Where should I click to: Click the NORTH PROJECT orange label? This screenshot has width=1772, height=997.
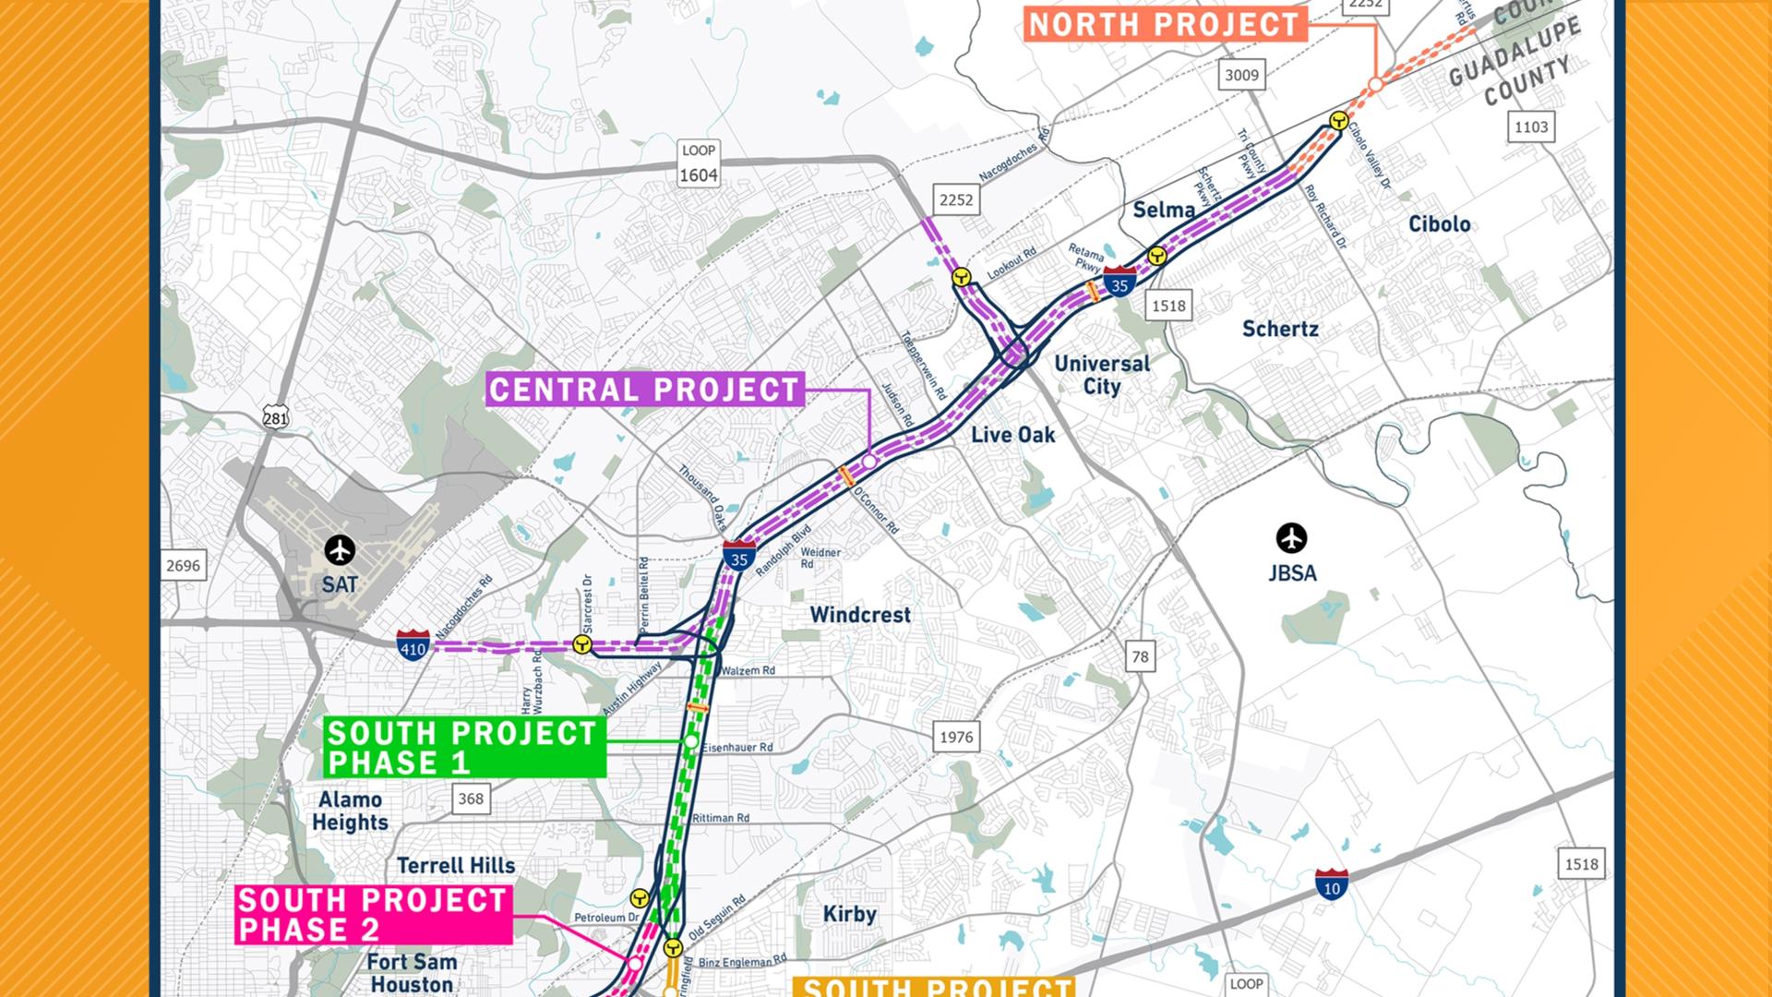[x=1164, y=24]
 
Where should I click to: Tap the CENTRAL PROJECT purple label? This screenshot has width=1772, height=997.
[x=644, y=390]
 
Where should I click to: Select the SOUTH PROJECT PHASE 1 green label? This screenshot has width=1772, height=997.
[x=463, y=748]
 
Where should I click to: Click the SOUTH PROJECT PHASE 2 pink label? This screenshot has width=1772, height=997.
[x=373, y=914]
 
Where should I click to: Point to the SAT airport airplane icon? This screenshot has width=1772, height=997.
[x=340, y=551]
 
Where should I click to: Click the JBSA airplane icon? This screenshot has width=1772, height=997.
[x=1291, y=537]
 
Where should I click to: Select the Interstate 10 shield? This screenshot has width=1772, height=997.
[x=1331, y=884]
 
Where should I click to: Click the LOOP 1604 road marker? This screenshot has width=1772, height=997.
[x=698, y=164]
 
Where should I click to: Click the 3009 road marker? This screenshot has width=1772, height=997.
[x=1241, y=75]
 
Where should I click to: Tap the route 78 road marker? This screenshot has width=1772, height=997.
[x=1141, y=656]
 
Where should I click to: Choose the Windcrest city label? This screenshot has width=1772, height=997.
[x=860, y=615]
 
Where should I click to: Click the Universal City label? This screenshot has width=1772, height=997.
[x=1102, y=375]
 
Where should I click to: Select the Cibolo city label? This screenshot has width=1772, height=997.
[x=1439, y=224]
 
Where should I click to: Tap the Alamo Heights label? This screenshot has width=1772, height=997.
[x=350, y=811]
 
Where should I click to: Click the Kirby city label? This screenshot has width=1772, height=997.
[x=849, y=914]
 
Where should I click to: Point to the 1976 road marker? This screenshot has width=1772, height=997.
[x=956, y=737]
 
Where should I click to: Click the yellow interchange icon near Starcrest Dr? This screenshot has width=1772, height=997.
[x=582, y=644]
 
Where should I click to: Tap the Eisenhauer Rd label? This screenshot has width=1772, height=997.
[x=736, y=747]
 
